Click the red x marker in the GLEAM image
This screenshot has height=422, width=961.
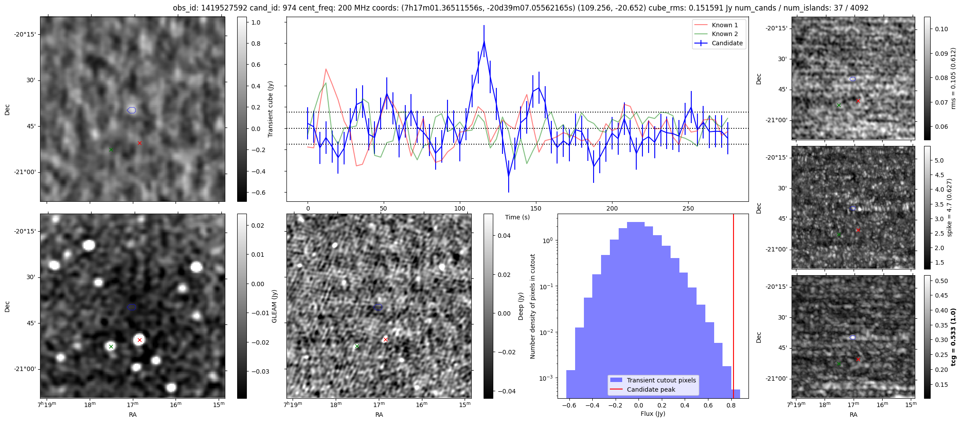(139, 340)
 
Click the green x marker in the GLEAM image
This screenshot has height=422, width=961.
(111, 347)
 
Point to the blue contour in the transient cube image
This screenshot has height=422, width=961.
(132, 110)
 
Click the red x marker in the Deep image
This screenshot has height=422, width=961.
(385, 339)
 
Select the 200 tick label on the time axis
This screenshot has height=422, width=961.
(612, 208)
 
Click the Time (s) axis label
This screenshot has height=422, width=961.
(517, 217)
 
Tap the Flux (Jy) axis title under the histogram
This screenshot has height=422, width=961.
(653, 414)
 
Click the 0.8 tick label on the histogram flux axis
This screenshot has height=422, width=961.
(730, 406)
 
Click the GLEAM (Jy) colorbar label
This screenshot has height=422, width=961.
(275, 306)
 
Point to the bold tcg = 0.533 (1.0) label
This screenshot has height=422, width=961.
(953, 337)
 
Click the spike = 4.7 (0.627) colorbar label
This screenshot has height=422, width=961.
(949, 207)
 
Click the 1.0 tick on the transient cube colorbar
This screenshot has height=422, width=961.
(256, 22)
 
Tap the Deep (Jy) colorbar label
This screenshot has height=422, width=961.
(521, 306)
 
